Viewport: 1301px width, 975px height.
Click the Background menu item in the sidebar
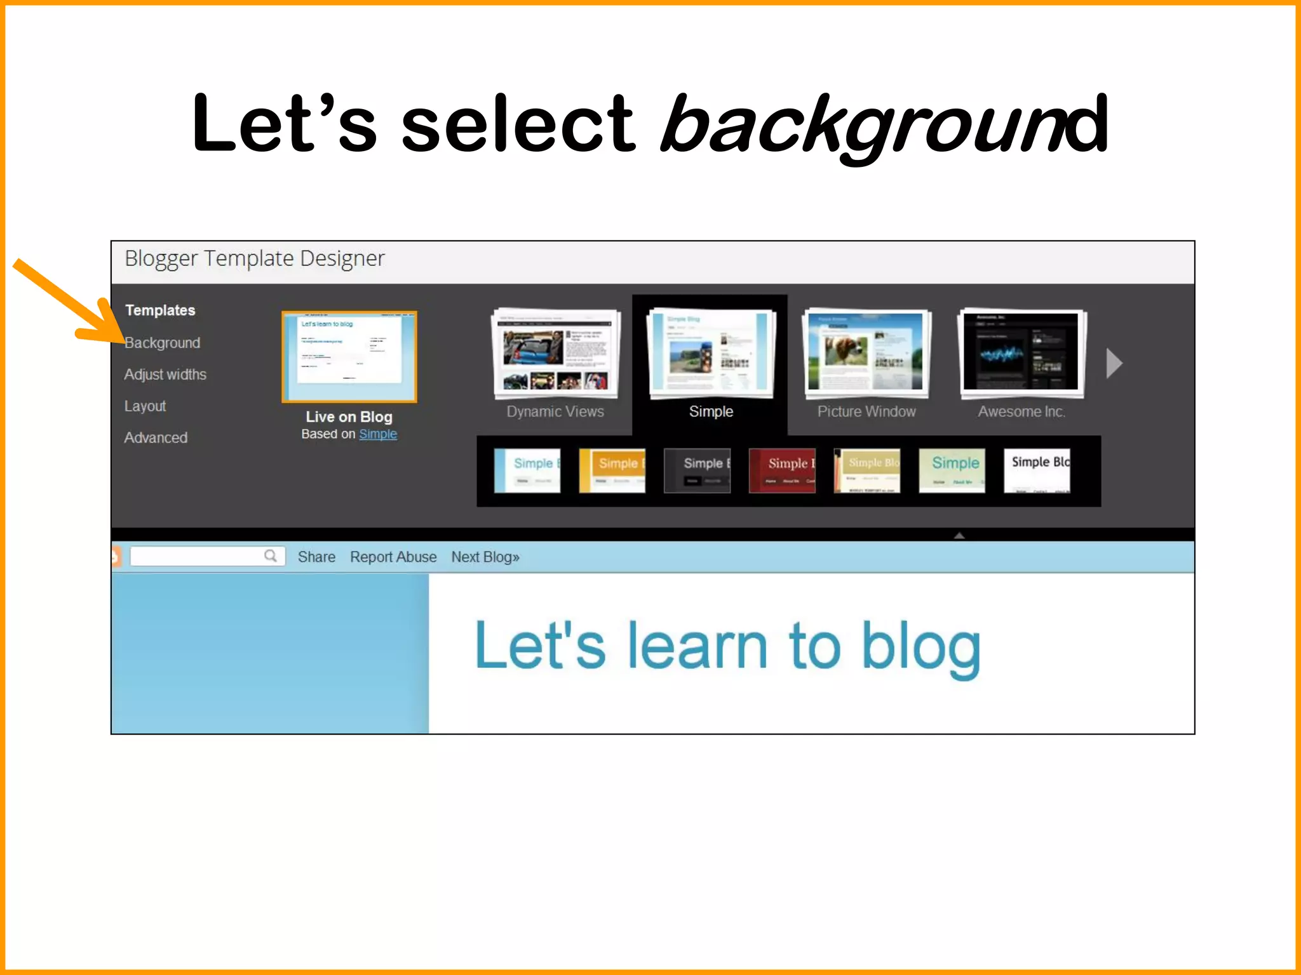pos(162,343)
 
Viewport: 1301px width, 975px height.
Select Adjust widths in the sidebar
pos(165,375)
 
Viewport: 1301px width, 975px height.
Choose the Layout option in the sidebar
pos(145,406)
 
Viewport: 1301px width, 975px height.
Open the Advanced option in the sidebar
pos(156,438)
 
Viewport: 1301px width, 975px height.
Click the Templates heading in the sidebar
pos(160,310)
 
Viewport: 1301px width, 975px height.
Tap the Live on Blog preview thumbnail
pos(349,357)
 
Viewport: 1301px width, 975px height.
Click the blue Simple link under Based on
pos(378,434)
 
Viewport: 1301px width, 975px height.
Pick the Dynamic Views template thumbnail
pos(555,353)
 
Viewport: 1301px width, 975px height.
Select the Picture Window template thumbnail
pos(866,353)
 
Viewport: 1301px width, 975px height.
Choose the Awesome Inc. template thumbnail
pos(1021,353)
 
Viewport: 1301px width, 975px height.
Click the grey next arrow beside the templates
pos(1114,363)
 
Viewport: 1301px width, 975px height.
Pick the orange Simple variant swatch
pos(612,470)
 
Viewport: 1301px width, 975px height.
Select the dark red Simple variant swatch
pos(782,470)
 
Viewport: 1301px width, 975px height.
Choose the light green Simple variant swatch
pos(952,470)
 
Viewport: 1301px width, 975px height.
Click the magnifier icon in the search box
pos(271,556)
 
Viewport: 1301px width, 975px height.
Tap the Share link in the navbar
pos(316,557)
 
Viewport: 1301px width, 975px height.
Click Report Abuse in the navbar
pos(393,557)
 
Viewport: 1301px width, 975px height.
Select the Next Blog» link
pos(485,557)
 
